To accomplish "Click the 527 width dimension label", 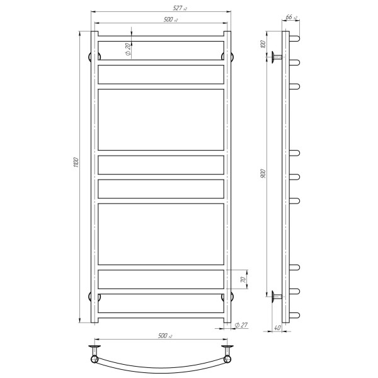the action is [x=180, y=8].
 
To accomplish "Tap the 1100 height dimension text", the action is [x=76, y=163].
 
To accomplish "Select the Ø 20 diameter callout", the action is [x=129, y=49].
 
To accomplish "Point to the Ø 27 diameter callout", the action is [x=241, y=325].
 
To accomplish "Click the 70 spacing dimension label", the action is [x=243, y=280].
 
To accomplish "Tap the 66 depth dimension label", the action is [x=291, y=17].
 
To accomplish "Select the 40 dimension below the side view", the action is [x=278, y=328].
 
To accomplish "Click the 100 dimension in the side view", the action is [x=263, y=44].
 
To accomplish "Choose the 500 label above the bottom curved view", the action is [x=165, y=336].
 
